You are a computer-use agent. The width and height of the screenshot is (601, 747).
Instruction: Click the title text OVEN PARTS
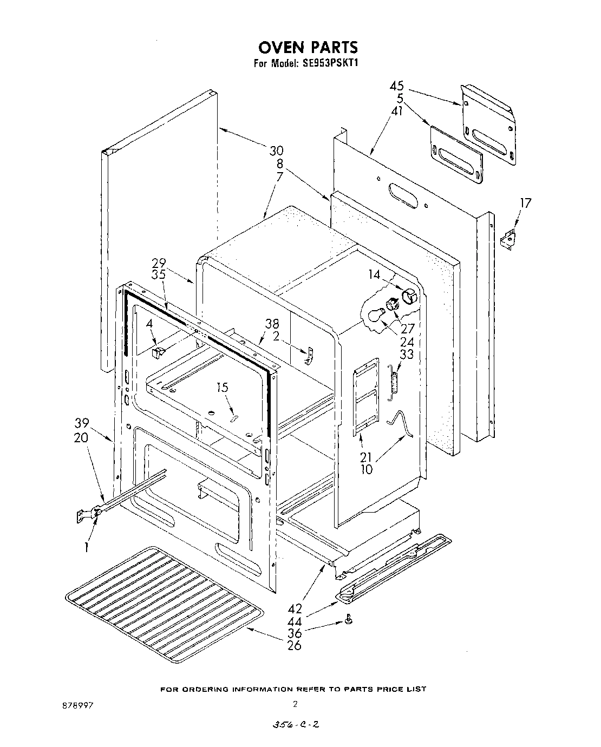tap(307, 48)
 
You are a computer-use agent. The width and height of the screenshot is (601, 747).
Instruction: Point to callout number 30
tap(277, 151)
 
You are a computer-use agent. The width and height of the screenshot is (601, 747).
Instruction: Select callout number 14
tap(375, 274)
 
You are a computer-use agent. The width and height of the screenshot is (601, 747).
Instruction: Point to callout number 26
tap(294, 645)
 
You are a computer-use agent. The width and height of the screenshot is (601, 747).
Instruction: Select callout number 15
tap(223, 388)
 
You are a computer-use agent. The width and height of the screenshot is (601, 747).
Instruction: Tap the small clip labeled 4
tap(157, 353)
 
